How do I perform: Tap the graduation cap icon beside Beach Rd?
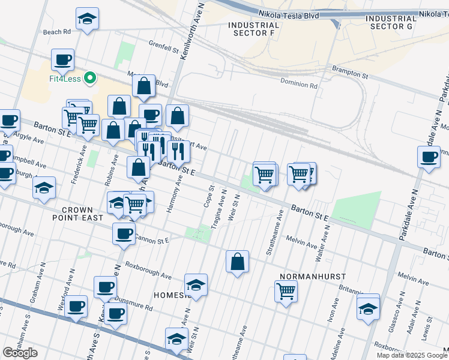88,19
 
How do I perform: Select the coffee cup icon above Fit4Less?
62,59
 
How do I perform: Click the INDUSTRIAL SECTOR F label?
254,30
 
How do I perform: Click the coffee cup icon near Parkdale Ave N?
429,158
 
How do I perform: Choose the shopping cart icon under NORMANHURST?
286,292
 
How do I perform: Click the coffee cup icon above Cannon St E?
124,233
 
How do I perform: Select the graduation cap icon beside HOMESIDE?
196,284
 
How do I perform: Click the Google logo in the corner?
20,353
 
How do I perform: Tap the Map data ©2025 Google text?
411,355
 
